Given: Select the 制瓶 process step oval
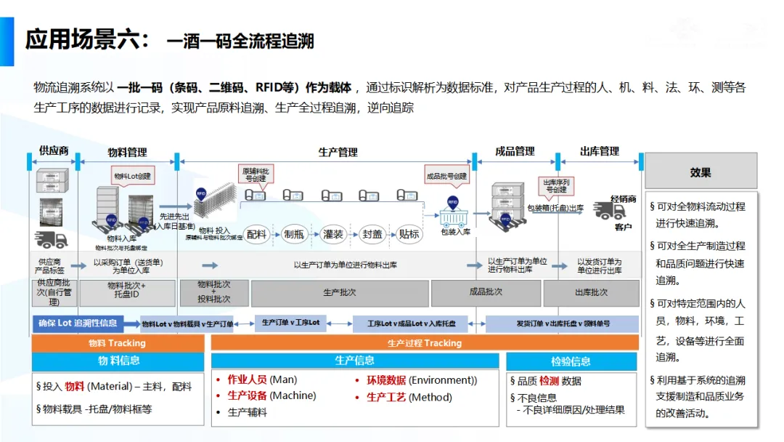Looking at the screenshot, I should click(x=294, y=234).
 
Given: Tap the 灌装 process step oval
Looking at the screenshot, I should click(x=333, y=234).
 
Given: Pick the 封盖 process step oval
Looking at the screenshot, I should click(x=372, y=234).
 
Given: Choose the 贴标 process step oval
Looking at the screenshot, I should click(x=409, y=234).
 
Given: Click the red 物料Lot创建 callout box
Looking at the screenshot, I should click(x=133, y=176).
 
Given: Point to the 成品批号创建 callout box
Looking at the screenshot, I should click(x=446, y=176).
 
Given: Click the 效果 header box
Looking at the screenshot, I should click(x=701, y=172).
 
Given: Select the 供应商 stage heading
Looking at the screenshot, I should click(x=54, y=151).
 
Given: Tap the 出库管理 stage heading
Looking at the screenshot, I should click(x=599, y=151).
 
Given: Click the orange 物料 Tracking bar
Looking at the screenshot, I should click(x=118, y=343).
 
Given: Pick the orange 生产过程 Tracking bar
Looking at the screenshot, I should click(x=425, y=343).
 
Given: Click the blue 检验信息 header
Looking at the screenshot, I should click(x=571, y=361).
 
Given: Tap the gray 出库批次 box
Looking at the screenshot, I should click(x=592, y=292).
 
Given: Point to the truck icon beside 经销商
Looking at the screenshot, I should click(x=608, y=211).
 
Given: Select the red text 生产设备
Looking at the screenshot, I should click(x=247, y=396).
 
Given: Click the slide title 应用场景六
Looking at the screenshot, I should click(x=87, y=39).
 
